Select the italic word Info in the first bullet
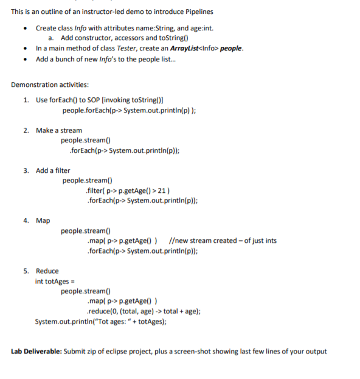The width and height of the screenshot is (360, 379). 80,28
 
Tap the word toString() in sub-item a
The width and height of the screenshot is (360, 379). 154,38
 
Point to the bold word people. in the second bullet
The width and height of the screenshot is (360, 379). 231,49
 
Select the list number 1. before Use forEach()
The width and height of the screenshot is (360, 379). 27,100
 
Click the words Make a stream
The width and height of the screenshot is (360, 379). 58,130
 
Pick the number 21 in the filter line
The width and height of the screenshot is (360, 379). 157,190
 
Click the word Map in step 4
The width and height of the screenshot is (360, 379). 43,220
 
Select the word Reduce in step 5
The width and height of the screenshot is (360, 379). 47,271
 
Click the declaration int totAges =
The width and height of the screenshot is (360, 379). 55,281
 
